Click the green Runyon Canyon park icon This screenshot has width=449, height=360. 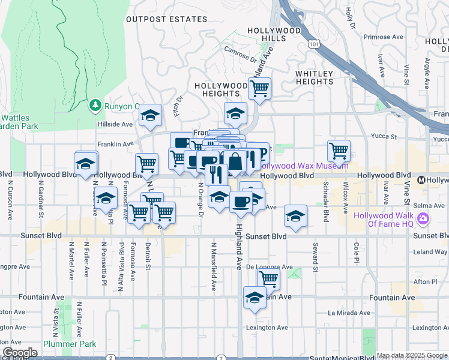click(x=95, y=106)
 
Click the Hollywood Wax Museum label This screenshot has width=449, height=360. click(x=295, y=166)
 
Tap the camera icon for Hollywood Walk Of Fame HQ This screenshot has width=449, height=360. click(x=424, y=220)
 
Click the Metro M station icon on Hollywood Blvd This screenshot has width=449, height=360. click(x=421, y=179)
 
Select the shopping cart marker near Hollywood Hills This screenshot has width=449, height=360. click(x=259, y=89)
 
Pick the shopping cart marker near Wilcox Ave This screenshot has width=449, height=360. click(x=339, y=151)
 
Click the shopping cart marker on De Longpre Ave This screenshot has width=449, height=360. click(x=268, y=278)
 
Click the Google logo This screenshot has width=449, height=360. click(x=20, y=353)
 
